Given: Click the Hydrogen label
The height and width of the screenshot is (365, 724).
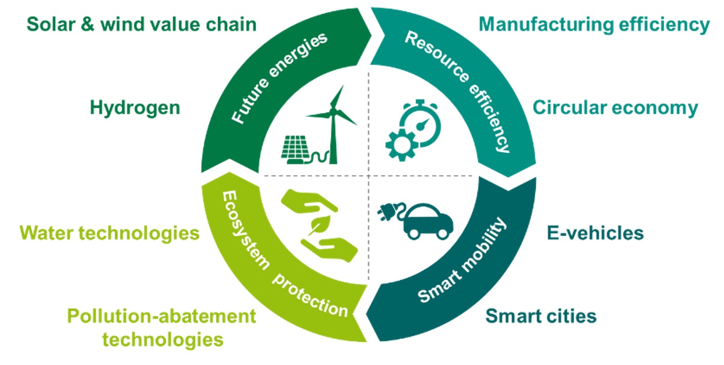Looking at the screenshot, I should click(135, 108).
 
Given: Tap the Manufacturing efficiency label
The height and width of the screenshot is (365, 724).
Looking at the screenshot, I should click(594, 24).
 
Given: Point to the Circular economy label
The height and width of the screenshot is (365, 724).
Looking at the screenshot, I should click(615, 108).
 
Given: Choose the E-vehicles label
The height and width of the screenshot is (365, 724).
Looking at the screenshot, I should click(595, 233).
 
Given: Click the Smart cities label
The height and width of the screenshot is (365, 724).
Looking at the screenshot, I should click(541, 315).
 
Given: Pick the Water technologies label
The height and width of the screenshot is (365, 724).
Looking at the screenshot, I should click(110, 233).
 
